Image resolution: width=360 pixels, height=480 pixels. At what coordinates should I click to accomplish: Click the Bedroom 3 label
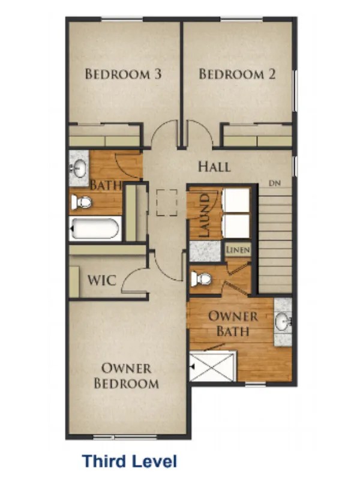tap(123, 74)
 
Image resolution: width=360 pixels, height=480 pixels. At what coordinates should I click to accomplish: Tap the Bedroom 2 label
tap(237, 74)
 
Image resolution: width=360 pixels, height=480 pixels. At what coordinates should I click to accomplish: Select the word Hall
tap(214, 166)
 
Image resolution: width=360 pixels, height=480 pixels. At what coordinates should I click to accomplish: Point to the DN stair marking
tap(274, 182)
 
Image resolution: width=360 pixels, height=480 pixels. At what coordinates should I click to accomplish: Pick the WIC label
tap(102, 280)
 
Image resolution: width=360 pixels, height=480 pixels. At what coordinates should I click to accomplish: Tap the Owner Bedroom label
tap(126, 376)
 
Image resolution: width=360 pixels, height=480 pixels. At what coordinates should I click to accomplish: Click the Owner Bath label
tap(233, 323)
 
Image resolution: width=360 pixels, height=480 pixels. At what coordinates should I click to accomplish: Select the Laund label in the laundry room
tap(205, 215)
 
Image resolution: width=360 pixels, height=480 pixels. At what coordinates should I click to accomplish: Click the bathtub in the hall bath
tap(96, 228)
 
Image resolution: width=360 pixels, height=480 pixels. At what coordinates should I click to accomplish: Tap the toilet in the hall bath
tap(83, 202)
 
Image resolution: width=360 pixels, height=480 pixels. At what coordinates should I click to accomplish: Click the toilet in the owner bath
tap(202, 278)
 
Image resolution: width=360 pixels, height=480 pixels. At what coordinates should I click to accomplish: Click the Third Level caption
tap(129, 461)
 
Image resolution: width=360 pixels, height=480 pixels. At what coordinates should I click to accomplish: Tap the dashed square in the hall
tap(166, 203)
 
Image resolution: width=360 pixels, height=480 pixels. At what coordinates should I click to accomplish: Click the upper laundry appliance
tap(236, 200)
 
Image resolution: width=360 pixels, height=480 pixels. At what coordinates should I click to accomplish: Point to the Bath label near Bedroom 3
tap(105, 186)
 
